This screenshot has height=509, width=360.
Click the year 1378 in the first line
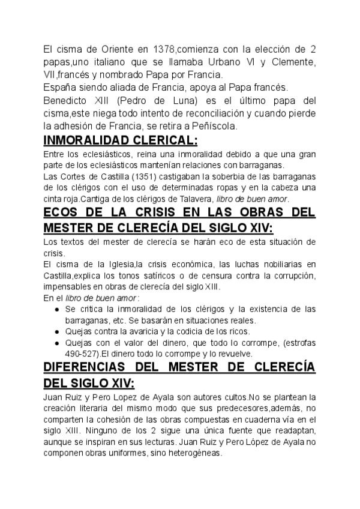point(166,49)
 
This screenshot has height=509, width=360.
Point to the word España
point(61,88)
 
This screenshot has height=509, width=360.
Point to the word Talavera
point(182,198)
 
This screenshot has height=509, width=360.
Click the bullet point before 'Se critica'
point(56,309)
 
